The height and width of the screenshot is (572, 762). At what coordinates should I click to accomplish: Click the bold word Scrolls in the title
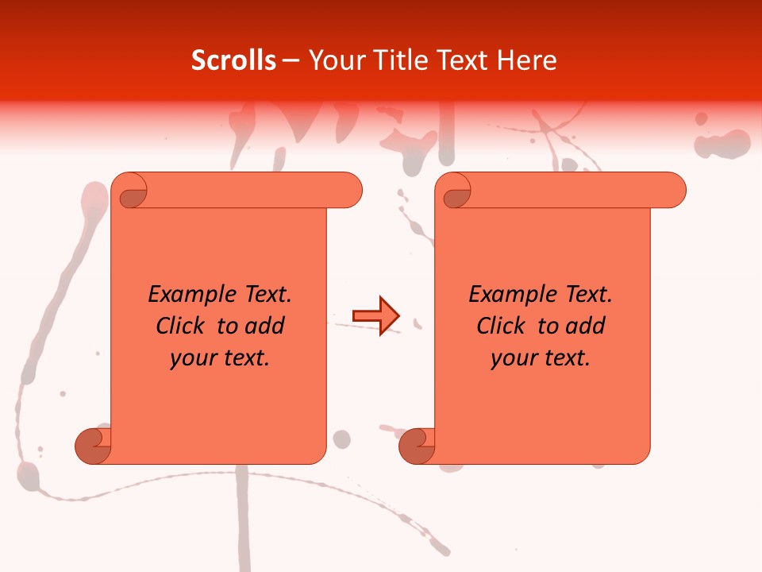233,60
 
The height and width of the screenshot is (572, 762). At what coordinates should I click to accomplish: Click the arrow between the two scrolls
375,316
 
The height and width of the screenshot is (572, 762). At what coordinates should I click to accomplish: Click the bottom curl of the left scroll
93,446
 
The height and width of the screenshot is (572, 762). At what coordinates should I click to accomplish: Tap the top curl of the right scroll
455,191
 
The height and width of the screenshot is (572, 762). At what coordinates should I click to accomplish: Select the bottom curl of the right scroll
417,446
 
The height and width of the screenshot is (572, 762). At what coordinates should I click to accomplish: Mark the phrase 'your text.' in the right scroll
541,358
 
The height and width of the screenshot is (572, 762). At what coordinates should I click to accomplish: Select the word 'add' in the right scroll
587,327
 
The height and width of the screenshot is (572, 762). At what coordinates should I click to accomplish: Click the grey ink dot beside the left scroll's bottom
341,439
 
